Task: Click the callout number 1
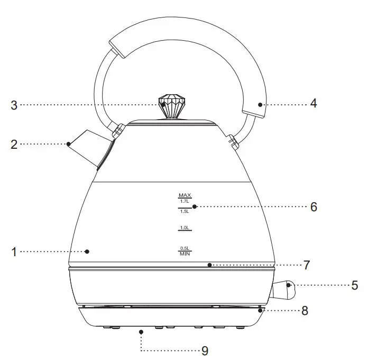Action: pyautogui.click(x=14, y=252)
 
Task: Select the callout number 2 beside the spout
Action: pyautogui.click(x=14, y=143)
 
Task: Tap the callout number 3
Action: pyautogui.click(x=14, y=105)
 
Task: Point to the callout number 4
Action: pyautogui.click(x=314, y=104)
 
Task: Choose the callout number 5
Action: pyautogui.click(x=355, y=285)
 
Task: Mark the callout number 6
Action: pyautogui.click(x=314, y=206)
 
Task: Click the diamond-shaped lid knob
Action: pyautogui.click(x=171, y=106)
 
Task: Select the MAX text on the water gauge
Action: pyautogui.click(x=185, y=195)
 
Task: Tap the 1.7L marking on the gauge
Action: pyautogui.click(x=185, y=202)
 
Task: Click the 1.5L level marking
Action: pyautogui.click(x=185, y=211)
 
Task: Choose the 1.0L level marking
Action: pyautogui.click(x=185, y=228)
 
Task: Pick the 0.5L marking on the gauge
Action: pyautogui.click(x=185, y=248)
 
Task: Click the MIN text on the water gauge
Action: pyautogui.click(x=185, y=254)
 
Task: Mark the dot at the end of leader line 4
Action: pyautogui.click(x=260, y=104)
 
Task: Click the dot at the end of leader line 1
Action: pyautogui.click(x=88, y=251)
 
